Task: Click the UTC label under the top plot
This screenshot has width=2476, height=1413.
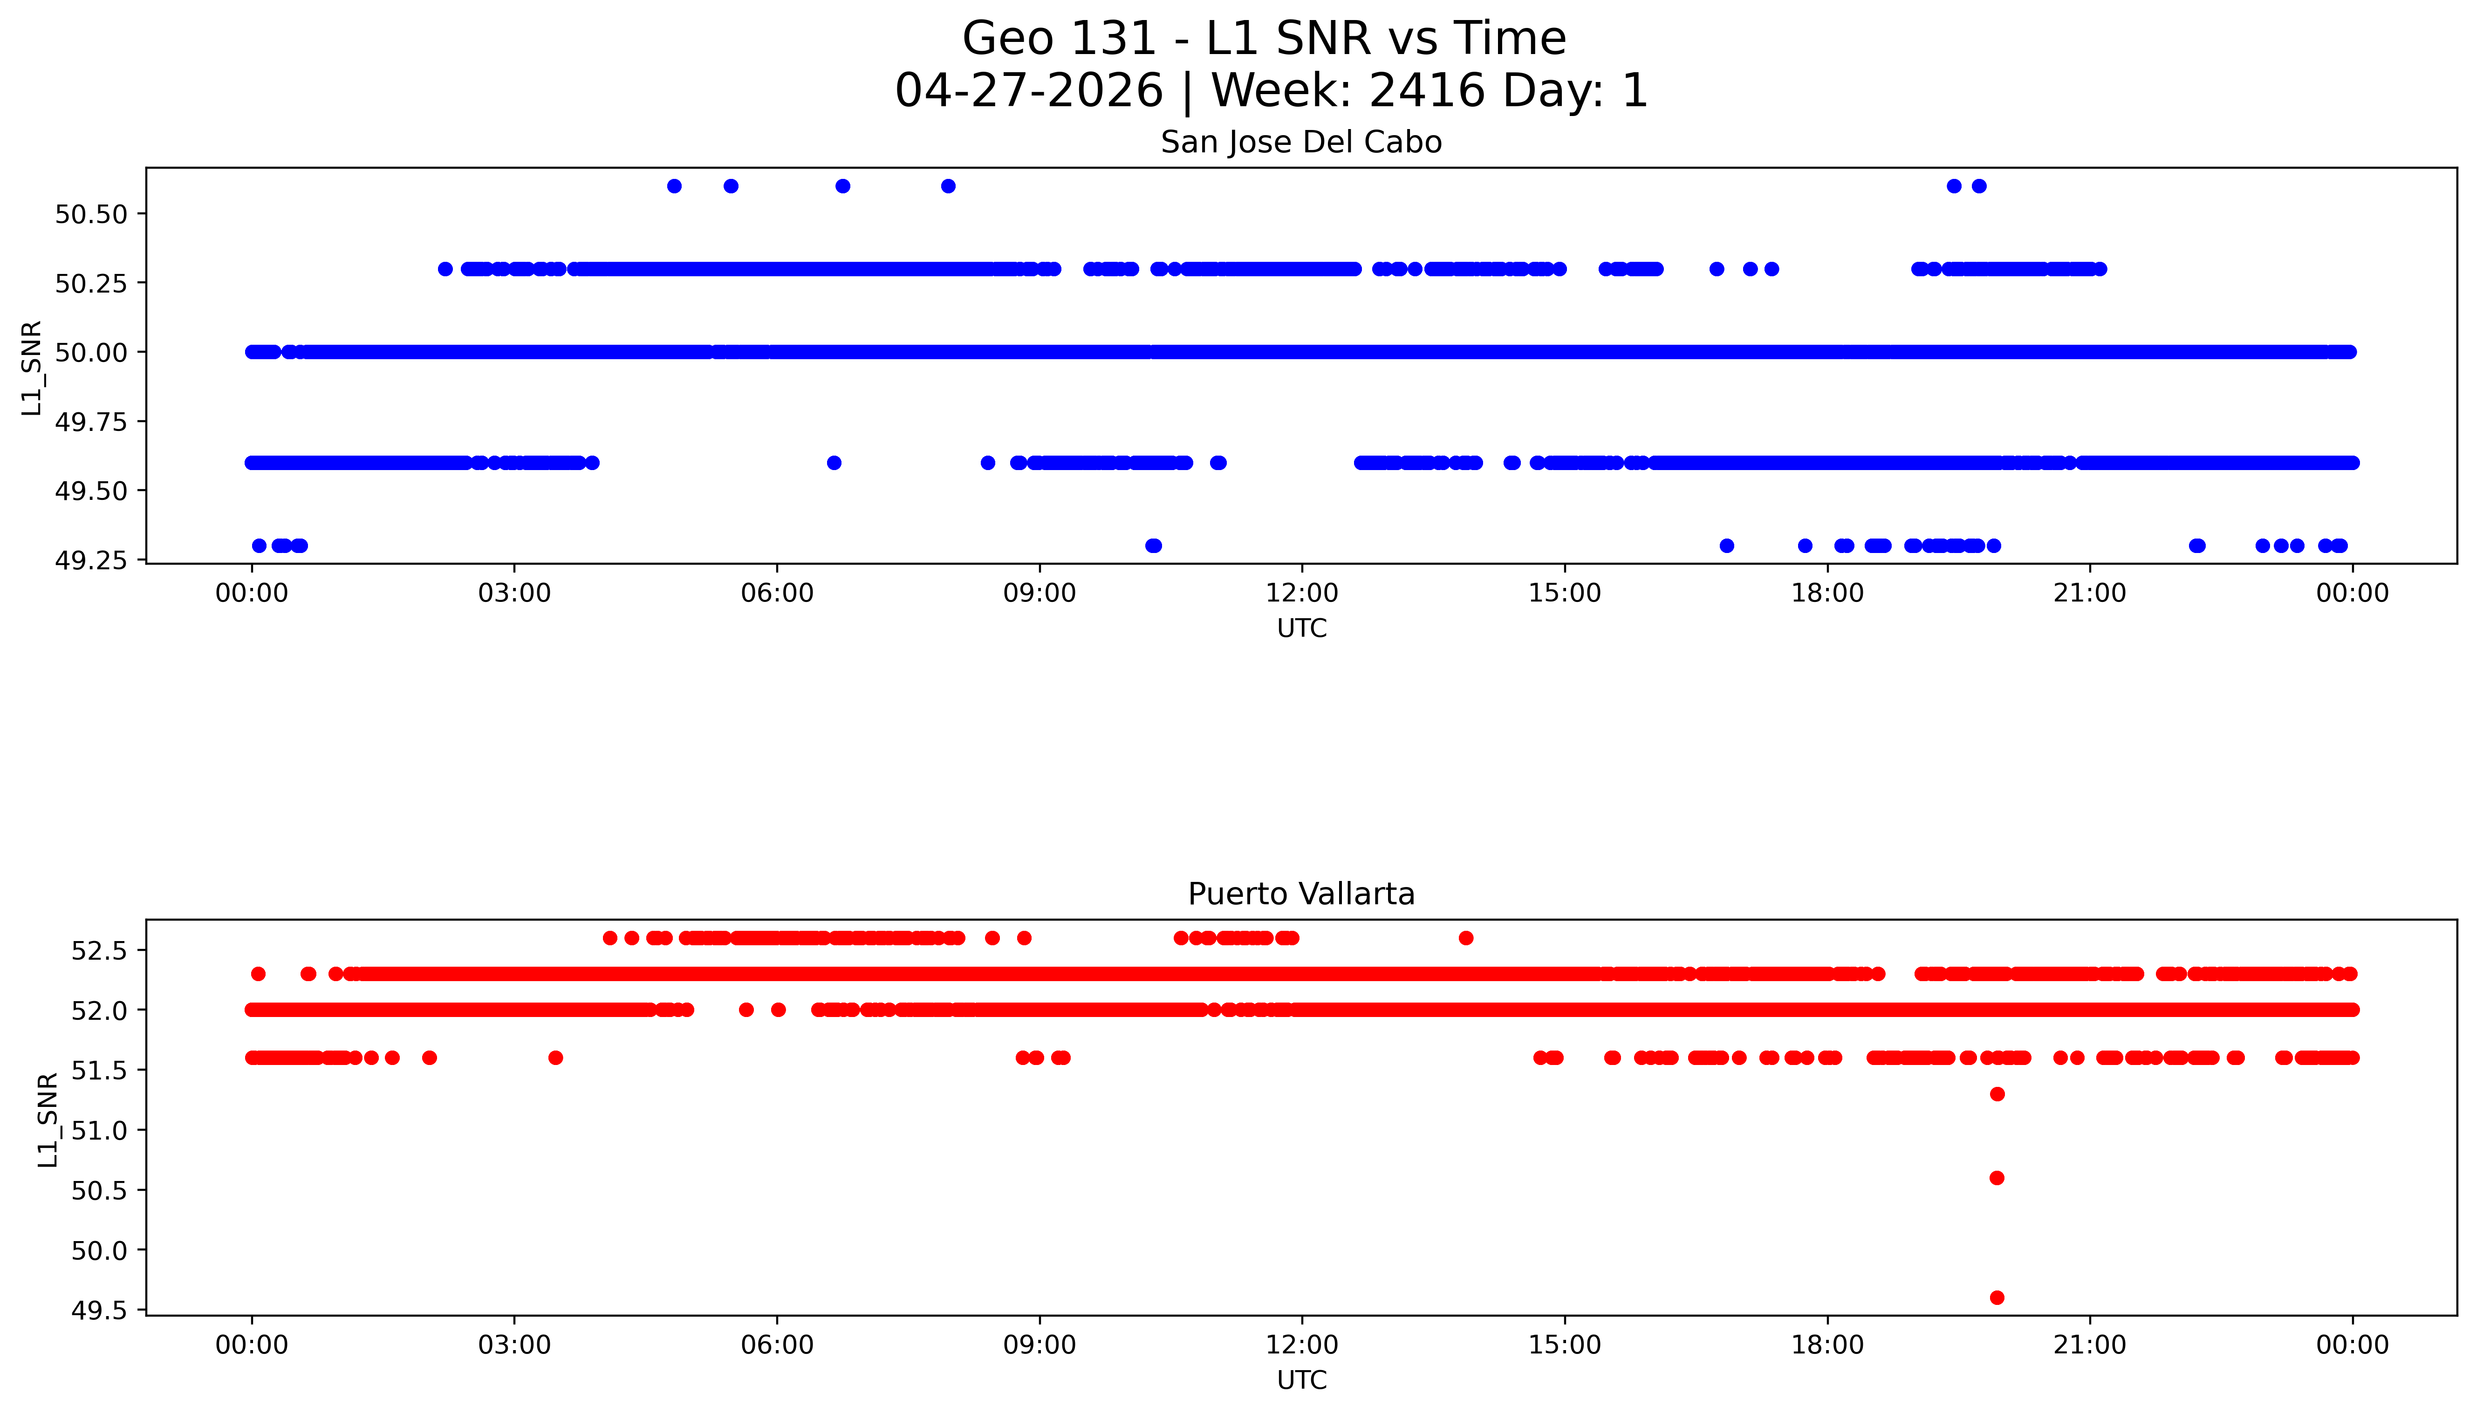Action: (x=1301, y=628)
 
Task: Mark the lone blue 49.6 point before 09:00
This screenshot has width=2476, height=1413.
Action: (x=834, y=463)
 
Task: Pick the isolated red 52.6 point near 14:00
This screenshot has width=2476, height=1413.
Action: (x=1465, y=937)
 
